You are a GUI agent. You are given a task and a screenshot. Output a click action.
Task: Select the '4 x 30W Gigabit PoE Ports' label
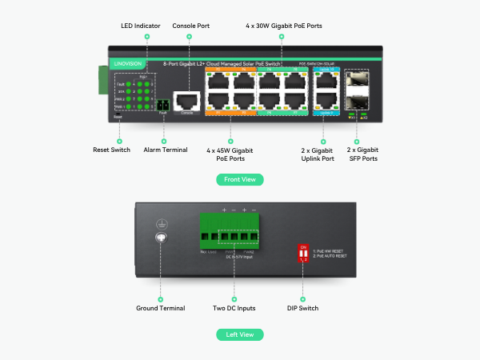[x=283, y=26]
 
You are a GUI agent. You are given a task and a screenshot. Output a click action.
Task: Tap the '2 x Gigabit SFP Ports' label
[x=362, y=154]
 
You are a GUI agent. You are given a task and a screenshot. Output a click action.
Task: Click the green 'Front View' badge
[x=240, y=180]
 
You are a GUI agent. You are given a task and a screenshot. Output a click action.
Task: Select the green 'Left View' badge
[x=240, y=334]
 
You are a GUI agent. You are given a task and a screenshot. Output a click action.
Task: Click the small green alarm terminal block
[x=163, y=105]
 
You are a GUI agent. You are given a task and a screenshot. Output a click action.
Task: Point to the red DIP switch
[x=303, y=254]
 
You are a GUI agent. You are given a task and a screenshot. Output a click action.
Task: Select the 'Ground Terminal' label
[x=160, y=308]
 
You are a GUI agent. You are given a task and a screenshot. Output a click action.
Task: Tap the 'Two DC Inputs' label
[x=234, y=308]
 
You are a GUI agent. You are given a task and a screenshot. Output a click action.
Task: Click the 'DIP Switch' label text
[x=303, y=308]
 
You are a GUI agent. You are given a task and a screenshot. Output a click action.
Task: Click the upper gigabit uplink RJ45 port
[x=326, y=82]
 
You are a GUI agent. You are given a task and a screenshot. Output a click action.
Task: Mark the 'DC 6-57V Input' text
[x=233, y=257]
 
